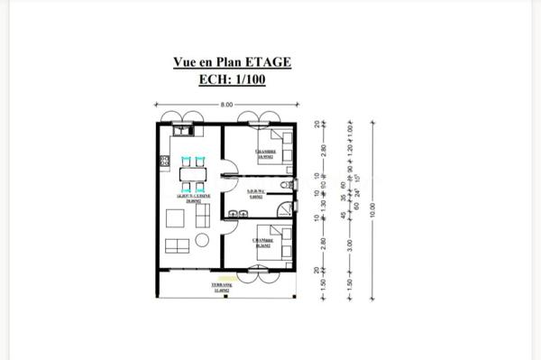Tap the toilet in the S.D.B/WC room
tap(284, 185)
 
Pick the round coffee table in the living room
tap(201, 240)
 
